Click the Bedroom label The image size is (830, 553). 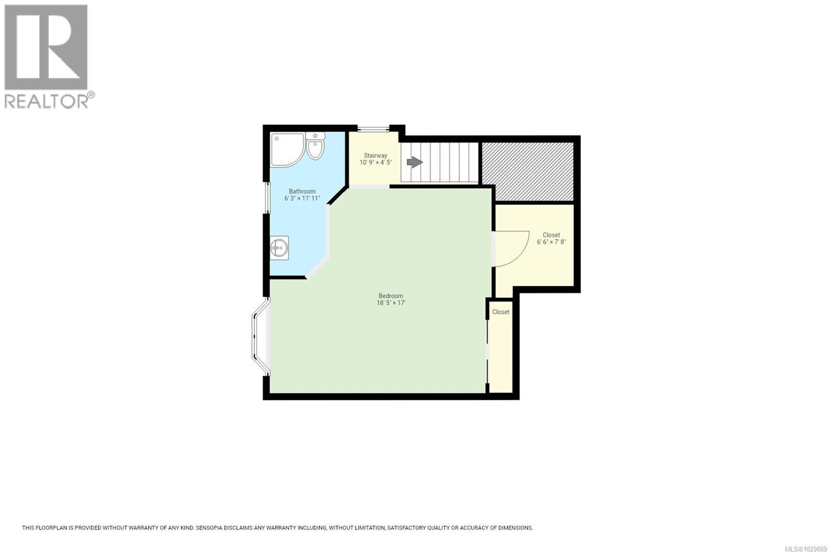pyautogui.click(x=390, y=296)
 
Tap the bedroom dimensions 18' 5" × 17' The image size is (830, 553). pyautogui.click(x=391, y=303)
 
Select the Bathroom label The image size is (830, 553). pyautogui.click(x=302, y=191)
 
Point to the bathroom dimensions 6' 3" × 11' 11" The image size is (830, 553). pyautogui.click(x=302, y=199)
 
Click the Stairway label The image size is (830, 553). pyautogui.click(x=375, y=156)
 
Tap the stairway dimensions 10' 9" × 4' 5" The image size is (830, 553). pyautogui.click(x=375, y=162)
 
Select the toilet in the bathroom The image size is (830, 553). pyautogui.click(x=315, y=146)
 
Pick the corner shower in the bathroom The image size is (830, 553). pyautogui.click(x=285, y=149)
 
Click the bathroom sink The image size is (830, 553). pyautogui.click(x=279, y=248)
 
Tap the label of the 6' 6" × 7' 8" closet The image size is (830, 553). pyautogui.click(x=551, y=235)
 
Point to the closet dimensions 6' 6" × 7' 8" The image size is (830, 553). pyautogui.click(x=551, y=242)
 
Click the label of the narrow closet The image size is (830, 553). pyautogui.click(x=501, y=312)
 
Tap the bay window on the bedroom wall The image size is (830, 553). pyautogui.click(x=259, y=336)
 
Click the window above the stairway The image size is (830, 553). pyautogui.click(x=373, y=129)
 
